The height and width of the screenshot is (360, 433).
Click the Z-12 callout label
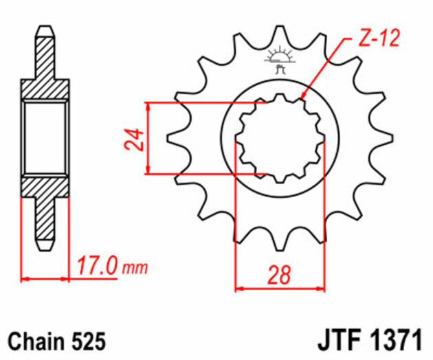click(x=377, y=40)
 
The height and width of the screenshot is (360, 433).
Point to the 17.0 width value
click(x=97, y=265)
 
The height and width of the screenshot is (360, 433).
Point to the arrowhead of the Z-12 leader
click(x=302, y=98)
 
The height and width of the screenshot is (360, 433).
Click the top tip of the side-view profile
click(x=45, y=29)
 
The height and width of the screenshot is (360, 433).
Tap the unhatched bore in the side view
click(x=45, y=137)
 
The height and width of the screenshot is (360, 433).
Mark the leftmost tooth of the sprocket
click(x=170, y=138)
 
